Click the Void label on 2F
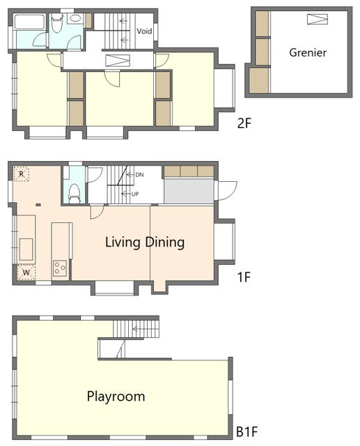[x=144, y=31]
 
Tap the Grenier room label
[x=308, y=53]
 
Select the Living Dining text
[x=145, y=243]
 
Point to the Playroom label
[x=116, y=397]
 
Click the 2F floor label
[x=244, y=123]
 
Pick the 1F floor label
[x=244, y=277]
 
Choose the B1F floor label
[x=247, y=432]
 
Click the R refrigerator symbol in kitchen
[x=22, y=174]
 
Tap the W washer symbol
[x=26, y=272]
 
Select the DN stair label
[x=139, y=175]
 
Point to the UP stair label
[x=135, y=194]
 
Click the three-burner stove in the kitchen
[x=60, y=268]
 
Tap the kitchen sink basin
[x=26, y=249]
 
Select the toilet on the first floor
[x=75, y=194]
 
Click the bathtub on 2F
[x=29, y=22]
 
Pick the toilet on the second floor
[x=57, y=23]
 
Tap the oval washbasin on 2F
[x=75, y=19]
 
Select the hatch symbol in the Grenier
[x=318, y=20]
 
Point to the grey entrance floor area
[x=189, y=191]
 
